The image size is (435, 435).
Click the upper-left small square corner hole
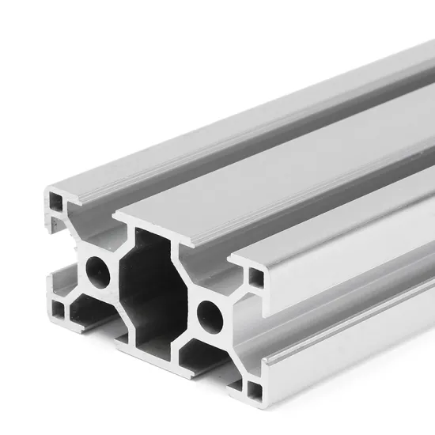[56, 201]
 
